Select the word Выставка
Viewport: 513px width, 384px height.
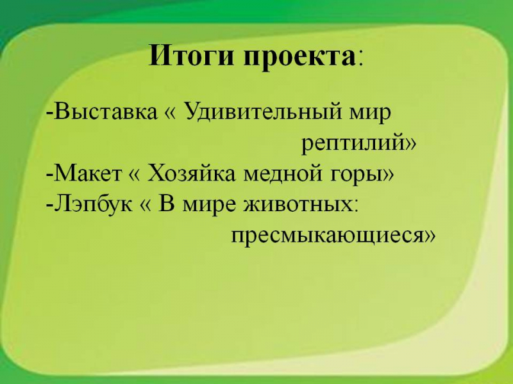pos(105,111)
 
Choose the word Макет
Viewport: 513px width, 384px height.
pos(87,173)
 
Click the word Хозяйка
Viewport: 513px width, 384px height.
pos(191,173)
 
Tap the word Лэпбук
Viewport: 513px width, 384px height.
pos(93,205)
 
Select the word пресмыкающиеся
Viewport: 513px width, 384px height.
pos(328,236)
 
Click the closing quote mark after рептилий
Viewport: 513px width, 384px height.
pos(411,143)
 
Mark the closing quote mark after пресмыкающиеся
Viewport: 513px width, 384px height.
pos(430,236)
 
